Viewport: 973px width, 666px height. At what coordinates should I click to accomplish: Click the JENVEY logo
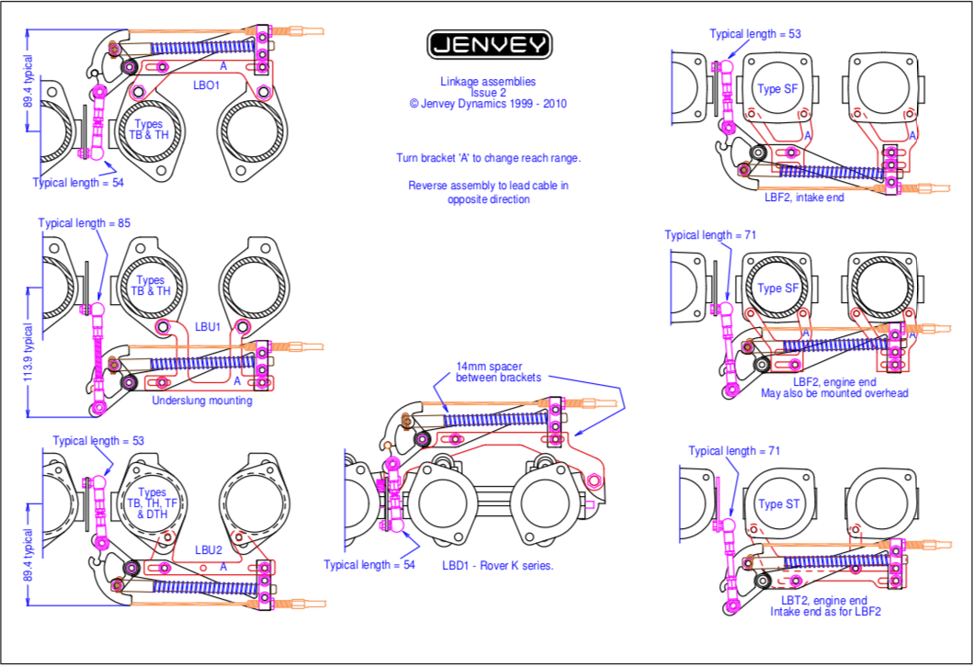489,44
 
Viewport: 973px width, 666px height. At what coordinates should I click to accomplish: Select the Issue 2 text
489,93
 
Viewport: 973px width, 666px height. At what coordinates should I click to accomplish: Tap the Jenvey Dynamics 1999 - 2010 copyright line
489,104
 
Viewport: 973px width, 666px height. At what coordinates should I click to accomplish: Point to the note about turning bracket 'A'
488,157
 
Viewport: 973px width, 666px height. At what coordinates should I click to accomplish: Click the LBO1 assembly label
206,85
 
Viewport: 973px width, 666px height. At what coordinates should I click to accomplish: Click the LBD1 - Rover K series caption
497,566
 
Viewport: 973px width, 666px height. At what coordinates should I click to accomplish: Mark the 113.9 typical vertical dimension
28,354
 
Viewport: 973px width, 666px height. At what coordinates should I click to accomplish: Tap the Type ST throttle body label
777,503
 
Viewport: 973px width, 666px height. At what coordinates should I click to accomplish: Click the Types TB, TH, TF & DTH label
150,503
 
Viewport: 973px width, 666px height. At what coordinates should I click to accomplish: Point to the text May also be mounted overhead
834,393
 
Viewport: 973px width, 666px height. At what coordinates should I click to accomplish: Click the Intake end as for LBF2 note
825,612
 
